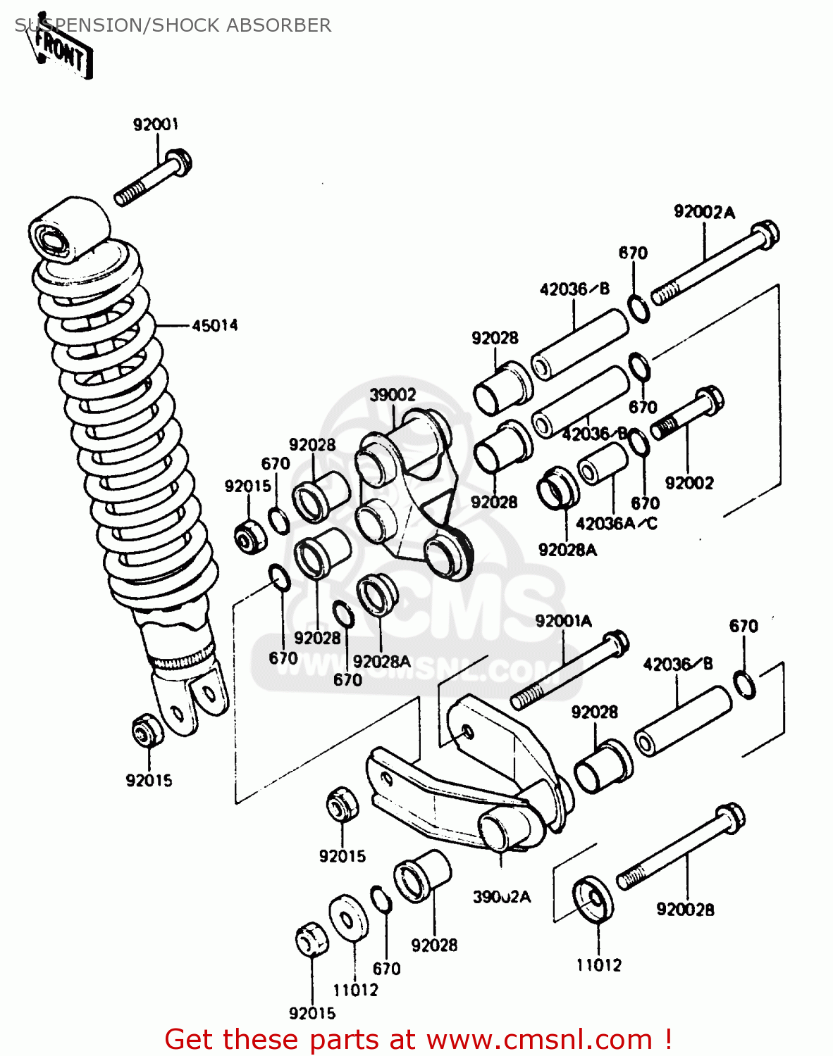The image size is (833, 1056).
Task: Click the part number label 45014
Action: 215,325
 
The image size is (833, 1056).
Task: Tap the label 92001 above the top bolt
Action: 156,125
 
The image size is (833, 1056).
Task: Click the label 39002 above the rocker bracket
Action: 393,395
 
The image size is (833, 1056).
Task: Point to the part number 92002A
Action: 704,212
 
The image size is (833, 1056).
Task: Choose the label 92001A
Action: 563,621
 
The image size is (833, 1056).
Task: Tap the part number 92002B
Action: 685,910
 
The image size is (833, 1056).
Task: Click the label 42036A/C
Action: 616,523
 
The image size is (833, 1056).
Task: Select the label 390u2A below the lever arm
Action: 501,897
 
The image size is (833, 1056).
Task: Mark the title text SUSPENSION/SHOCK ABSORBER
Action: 173,25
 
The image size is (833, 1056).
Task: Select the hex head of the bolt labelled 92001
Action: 180,161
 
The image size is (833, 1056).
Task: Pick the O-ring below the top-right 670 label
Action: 638,309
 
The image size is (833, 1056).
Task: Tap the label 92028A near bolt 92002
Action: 567,551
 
